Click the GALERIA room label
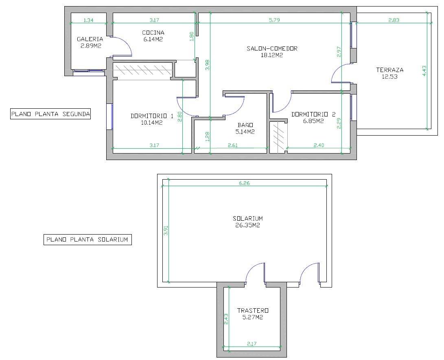pos(90,39)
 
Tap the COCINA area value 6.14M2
pos(153,40)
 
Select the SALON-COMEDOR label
pos(272,48)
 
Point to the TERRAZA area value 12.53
pos(389,77)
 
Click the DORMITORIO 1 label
pos(152,116)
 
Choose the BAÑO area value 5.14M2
pos(245,132)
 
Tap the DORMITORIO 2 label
pos(313,114)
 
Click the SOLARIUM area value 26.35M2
pos(248,225)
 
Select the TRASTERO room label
pos(253,310)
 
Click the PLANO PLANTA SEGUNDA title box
pos(50,114)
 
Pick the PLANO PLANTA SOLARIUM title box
pos(87,239)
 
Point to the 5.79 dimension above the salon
pos(274,20)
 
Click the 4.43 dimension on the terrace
pos(424,71)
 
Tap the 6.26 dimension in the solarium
pos(244,183)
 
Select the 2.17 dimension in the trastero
pos(252,344)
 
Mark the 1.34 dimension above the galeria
pos(89,20)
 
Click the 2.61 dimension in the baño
pos(233,145)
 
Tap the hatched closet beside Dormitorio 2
pos(278,137)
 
